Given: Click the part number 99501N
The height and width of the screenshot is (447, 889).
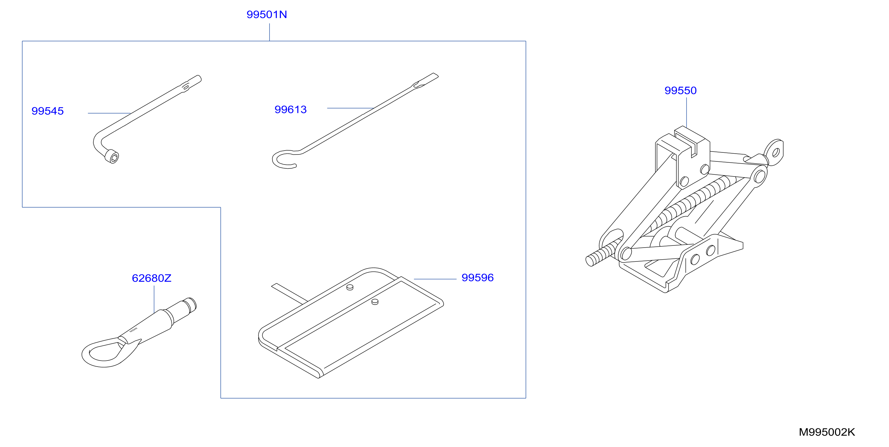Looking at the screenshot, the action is click(267, 14).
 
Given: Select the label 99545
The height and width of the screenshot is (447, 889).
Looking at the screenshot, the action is click(48, 111).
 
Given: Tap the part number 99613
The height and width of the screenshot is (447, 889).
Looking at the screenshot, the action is click(291, 109).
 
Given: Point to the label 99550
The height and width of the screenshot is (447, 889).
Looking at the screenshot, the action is click(681, 90).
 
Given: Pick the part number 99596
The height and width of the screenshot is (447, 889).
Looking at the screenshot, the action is click(478, 277).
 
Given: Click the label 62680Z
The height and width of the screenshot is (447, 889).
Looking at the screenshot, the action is click(151, 278).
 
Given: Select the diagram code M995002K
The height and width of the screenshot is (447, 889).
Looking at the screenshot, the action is click(827, 432).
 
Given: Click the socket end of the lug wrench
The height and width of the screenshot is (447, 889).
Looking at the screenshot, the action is click(111, 157).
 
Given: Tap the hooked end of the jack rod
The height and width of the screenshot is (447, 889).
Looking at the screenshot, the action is click(284, 159).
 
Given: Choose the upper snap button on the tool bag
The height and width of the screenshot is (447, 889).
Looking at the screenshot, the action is click(350, 287).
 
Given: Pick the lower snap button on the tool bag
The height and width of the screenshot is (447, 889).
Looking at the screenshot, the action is click(375, 302).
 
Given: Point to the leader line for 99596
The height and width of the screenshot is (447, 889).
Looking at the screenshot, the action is click(435, 279).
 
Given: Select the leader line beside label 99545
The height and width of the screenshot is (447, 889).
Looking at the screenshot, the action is click(109, 113).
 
